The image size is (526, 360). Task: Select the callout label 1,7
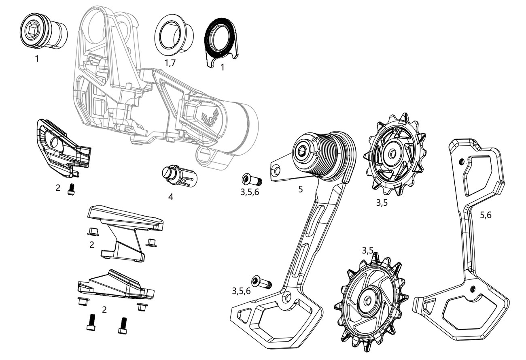pos(170,62)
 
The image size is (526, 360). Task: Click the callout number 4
pos(171,197)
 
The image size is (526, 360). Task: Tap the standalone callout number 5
pos(301,189)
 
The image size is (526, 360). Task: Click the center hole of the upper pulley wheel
pos(392,154)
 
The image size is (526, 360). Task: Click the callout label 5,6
pos(486,215)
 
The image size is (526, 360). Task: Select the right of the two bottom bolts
pos(122,324)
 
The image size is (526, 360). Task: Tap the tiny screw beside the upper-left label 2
pos(72,189)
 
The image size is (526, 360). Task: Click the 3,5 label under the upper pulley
pos(382,203)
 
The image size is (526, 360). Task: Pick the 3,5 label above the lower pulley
pos(368,250)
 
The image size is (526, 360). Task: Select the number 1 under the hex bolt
pos(37,59)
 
